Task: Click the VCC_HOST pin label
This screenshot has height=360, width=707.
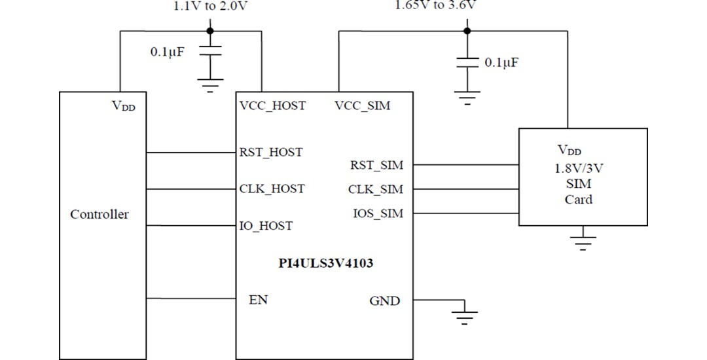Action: (272, 105)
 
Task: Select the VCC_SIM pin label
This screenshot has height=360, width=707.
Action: (362, 105)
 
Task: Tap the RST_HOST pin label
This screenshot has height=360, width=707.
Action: (271, 153)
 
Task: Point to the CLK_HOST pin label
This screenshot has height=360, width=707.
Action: (272, 189)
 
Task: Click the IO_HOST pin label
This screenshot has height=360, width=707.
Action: (266, 226)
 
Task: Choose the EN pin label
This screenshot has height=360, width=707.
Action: (258, 300)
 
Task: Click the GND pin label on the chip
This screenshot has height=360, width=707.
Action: (384, 301)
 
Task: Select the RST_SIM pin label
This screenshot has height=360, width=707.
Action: (376, 166)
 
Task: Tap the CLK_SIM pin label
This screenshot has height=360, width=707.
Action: (376, 190)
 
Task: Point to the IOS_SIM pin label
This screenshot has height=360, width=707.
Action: (378, 214)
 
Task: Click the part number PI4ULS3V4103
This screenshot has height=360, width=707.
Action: (325, 265)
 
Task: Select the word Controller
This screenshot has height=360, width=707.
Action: (100, 215)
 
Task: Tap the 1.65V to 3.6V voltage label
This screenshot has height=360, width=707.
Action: (435, 6)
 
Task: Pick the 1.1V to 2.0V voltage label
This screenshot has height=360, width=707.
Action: (210, 7)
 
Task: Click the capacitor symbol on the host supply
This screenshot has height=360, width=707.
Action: (209, 52)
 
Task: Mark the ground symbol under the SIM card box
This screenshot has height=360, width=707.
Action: (583, 242)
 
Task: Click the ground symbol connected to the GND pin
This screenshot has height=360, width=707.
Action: (465, 316)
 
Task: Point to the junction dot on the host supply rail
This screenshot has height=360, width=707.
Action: (209, 30)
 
